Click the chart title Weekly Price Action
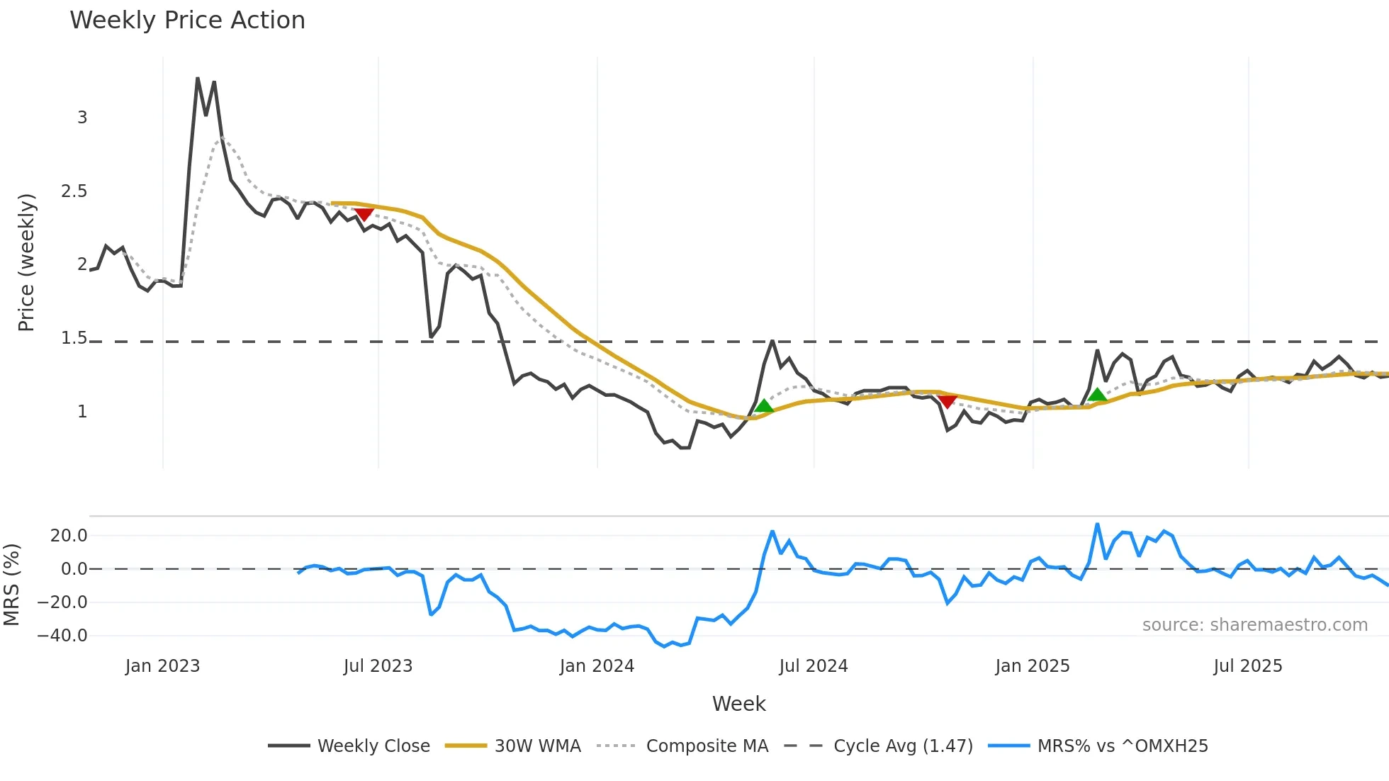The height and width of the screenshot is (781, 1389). tap(187, 20)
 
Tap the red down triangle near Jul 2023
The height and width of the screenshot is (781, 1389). tap(364, 214)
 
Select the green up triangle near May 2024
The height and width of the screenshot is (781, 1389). tap(764, 405)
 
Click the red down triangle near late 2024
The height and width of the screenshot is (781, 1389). tap(947, 401)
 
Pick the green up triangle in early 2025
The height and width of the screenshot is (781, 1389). tap(1097, 395)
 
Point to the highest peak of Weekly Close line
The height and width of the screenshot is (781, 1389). tap(198, 79)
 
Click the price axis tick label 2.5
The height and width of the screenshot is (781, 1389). tap(74, 191)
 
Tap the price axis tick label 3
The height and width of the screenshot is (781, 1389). tap(82, 118)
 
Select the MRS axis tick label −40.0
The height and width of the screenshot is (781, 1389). tap(62, 636)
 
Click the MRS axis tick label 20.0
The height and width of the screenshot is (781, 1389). tap(69, 536)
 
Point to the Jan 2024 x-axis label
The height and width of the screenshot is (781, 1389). tap(597, 666)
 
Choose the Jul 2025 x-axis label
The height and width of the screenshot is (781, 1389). tap(1248, 666)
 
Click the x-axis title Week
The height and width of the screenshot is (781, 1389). tap(738, 704)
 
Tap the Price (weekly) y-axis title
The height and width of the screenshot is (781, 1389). tap(26, 262)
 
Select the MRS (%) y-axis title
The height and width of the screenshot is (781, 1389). tap(11, 585)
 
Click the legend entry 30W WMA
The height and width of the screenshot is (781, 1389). tap(537, 746)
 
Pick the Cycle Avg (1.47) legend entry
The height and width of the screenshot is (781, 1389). tap(903, 746)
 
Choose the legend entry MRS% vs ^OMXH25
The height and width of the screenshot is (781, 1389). tap(1122, 746)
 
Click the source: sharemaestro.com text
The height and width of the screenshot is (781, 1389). tap(1254, 625)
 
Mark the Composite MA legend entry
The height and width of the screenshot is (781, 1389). tap(707, 746)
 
